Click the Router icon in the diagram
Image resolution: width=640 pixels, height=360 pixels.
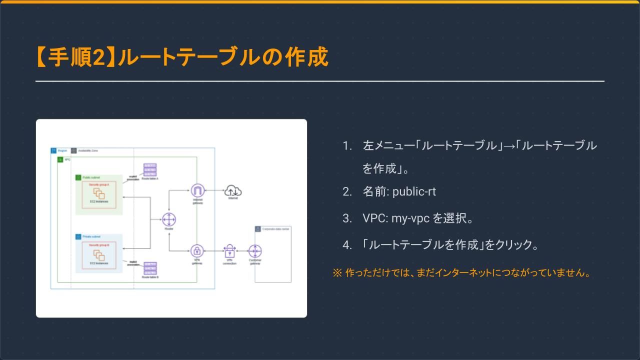click(x=169, y=219)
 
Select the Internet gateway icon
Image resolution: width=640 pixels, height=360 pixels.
click(x=198, y=190)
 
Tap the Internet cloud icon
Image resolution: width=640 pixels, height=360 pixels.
click(x=233, y=190)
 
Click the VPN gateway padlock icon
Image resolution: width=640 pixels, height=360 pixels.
click(x=197, y=251)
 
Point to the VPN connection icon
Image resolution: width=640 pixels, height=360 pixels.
click(x=229, y=251)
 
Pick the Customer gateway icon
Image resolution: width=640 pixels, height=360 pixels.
click(x=255, y=251)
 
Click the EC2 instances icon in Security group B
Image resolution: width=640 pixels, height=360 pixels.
click(x=99, y=254)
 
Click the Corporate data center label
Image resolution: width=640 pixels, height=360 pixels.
click(x=276, y=229)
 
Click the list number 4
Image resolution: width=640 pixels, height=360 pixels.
click(x=347, y=245)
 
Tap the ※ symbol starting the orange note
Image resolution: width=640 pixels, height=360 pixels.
click(x=337, y=273)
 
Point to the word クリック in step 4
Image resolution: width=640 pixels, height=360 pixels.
click(x=513, y=245)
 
